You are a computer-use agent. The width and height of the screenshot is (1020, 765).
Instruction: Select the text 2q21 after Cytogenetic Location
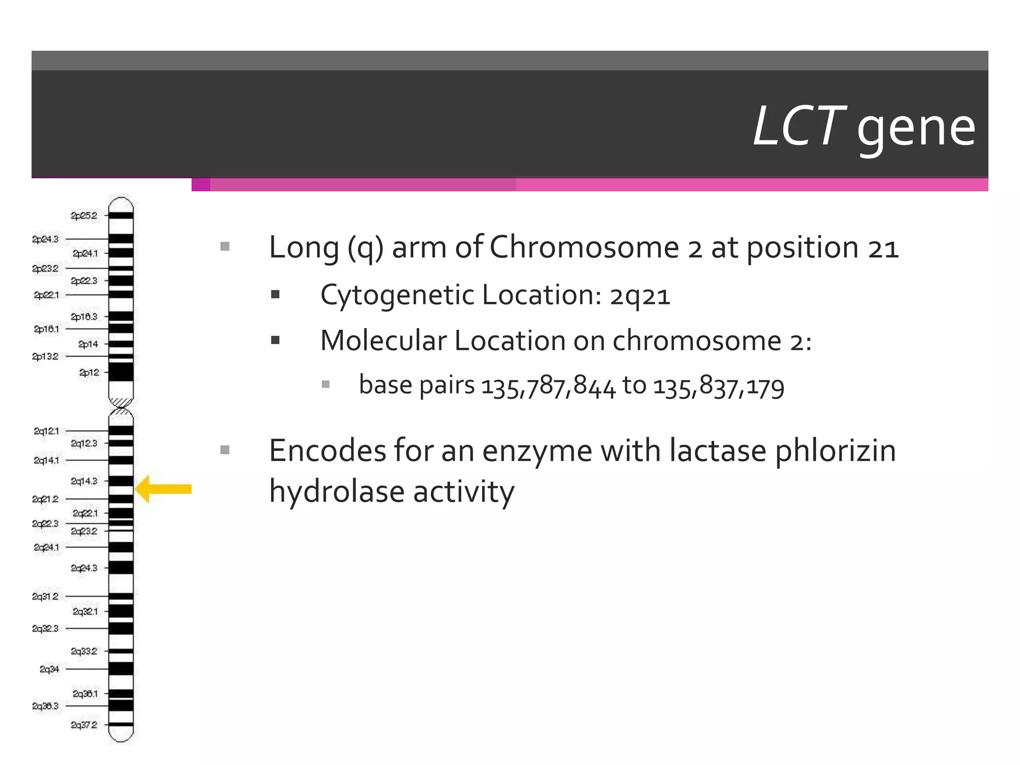click(x=640, y=296)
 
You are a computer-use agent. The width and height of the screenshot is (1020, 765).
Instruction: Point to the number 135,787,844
click(x=548, y=386)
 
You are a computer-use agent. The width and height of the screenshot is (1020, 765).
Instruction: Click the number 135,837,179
click(x=718, y=386)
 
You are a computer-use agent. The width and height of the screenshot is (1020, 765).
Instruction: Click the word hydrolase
click(x=337, y=492)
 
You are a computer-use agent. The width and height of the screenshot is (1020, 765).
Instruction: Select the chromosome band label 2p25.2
click(x=84, y=216)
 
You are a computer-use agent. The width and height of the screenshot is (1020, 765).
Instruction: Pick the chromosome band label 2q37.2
click(x=84, y=725)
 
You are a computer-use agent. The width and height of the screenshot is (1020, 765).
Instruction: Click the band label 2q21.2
click(x=45, y=499)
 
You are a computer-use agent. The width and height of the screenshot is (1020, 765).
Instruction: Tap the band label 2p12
click(x=89, y=373)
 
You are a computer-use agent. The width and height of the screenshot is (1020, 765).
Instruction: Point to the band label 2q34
click(x=49, y=669)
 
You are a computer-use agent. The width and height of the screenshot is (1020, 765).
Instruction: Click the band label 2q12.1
click(x=46, y=431)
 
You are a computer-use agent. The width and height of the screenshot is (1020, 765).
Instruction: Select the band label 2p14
click(x=88, y=344)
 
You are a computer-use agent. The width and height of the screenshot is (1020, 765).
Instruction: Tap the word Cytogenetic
click(x=397, y=296)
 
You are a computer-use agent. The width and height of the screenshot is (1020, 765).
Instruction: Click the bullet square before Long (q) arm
click(x=225, y=247)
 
